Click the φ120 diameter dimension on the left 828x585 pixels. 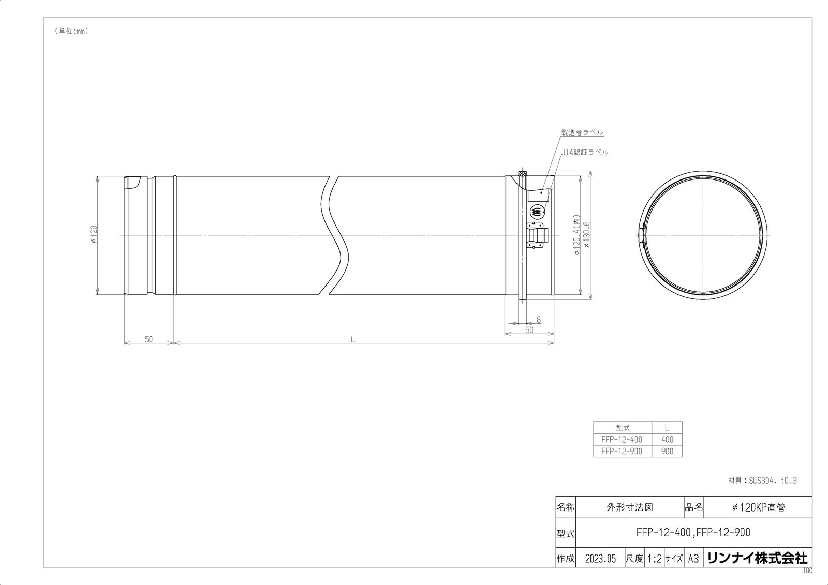[x=94, y=235]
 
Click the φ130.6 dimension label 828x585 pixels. [x=587, y=235]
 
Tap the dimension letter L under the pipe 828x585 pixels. [x=352, y=340]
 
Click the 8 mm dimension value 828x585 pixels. [x=539, y=320]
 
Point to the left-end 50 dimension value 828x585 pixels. [x=149, y=340]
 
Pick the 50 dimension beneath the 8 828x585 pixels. [x=529, y=330]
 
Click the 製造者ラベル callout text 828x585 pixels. [x=583, y=132]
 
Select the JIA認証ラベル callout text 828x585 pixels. [x=585, y=153]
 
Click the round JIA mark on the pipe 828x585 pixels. [x=537, y=212]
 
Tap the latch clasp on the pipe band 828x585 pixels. [x=537, y=236]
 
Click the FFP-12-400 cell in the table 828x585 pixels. [x=622, y=440]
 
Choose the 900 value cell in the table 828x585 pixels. [x=667, y=452]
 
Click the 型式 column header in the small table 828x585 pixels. [x=623, y=428]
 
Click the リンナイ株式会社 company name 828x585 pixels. [x=757, y=558]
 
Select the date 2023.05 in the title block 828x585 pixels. [x=600, y=559]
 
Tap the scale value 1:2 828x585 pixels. [x=654, y=559]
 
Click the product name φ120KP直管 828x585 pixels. [x=758, y=507]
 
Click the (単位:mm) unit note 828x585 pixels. [x=71, y=31]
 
